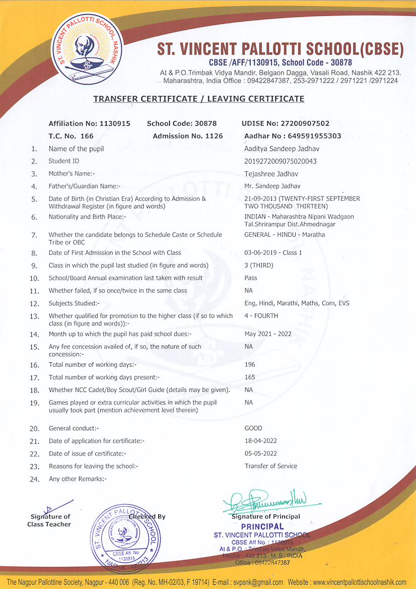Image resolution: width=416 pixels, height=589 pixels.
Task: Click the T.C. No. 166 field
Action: click(x=71, y=136)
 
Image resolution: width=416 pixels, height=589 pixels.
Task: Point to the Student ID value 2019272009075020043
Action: click(x=281, y=161)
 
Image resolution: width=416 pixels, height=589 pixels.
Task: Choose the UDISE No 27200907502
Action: click(x=286, y=123)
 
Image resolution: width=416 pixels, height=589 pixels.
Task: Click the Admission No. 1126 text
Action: click(x=187, y=136)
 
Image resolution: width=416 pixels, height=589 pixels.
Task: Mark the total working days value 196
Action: click(x=250, y=364)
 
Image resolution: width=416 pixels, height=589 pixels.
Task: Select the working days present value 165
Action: click(x=250, y=377)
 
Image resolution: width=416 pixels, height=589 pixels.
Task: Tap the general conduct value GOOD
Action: click(x=253, y=428)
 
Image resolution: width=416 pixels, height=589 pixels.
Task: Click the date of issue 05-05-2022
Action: click(x=261, y=453)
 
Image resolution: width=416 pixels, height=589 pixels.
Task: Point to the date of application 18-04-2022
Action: click(x=261, y=441)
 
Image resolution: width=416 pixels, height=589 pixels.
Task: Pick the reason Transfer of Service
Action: click(x=271, y=466)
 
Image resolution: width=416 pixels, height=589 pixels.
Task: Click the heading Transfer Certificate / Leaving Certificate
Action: click(x=199, y=99)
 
